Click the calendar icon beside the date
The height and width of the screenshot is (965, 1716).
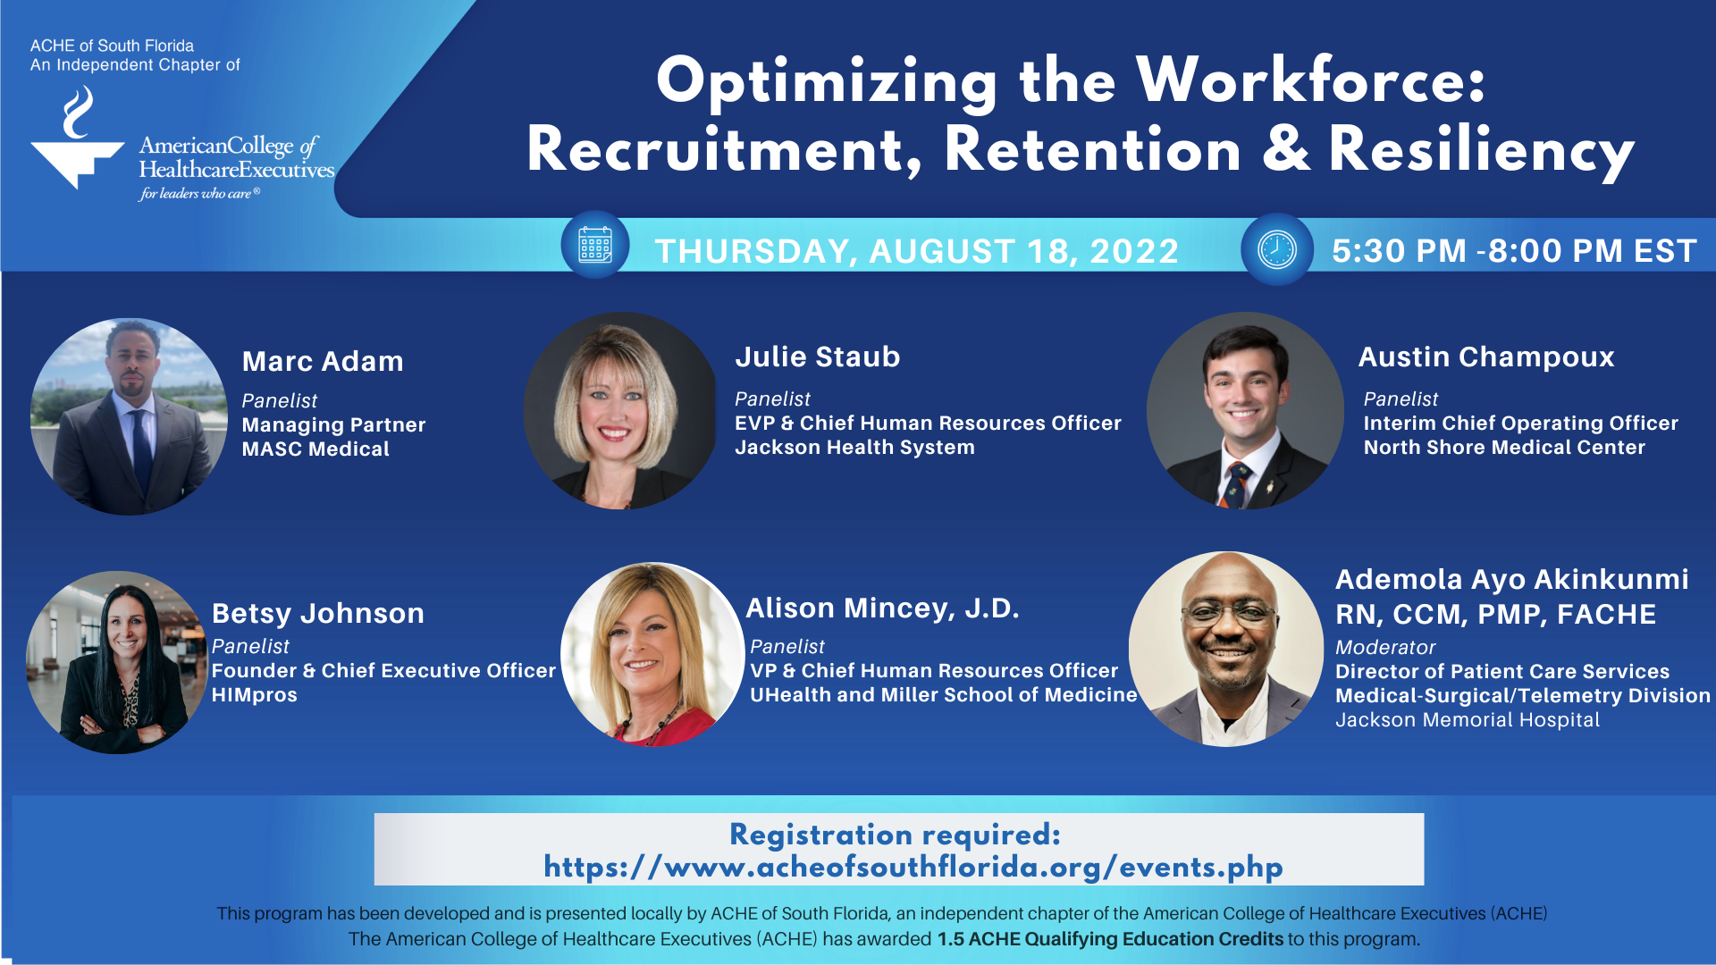tap(595, 244)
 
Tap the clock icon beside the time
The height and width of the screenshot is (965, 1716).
tap(1277, 249)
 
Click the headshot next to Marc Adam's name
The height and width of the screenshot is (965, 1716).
tap(130, 416)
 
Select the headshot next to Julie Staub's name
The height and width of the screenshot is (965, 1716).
tap(621, 411)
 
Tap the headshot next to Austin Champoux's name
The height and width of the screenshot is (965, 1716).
tap(1245, 411)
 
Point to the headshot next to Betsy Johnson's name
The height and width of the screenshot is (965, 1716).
tap(117, 662)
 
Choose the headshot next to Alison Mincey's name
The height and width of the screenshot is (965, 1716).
tap(652, 654)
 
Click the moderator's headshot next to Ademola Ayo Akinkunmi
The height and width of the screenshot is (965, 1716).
tap(1226, 649)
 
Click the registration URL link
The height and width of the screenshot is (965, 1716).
tap(913, 867)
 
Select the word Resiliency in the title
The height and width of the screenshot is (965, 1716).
tap(1482, 150)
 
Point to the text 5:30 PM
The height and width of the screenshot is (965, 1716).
tap(1399, 251)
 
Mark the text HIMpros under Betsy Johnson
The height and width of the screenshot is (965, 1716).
tap(255, 695)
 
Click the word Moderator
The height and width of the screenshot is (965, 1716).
tap(1385, 647)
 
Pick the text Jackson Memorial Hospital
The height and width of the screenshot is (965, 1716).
tap(1468, 720)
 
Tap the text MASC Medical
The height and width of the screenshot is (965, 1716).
tap(315, 449)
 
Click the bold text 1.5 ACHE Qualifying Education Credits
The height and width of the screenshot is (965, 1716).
tap(1110, 939)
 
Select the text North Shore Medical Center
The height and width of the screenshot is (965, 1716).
tap(1504, 448)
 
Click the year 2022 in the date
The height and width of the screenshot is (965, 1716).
tap(1134, 251)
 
